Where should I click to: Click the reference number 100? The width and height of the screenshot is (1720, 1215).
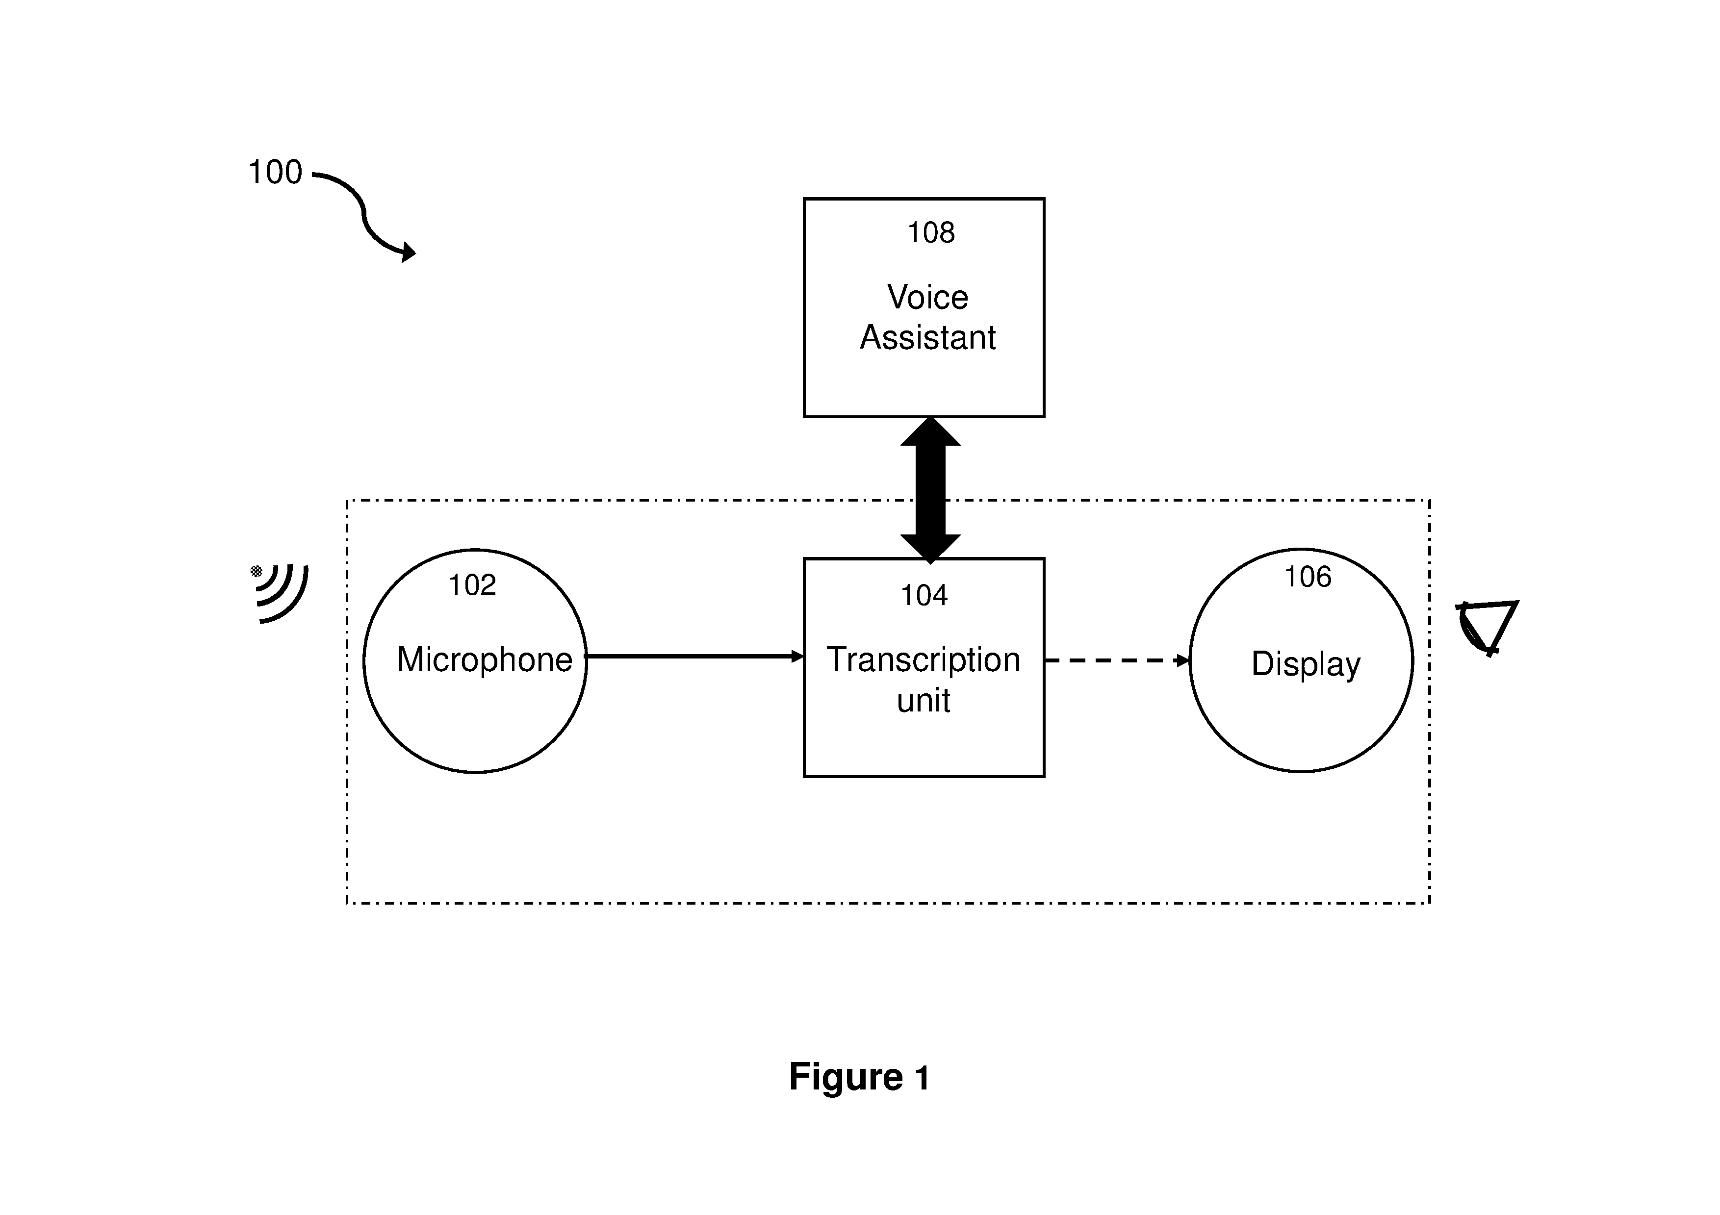tap(275, 172)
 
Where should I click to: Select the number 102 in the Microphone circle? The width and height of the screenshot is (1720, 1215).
tap(472, 585)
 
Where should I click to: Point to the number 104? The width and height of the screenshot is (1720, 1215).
tap(924, 596)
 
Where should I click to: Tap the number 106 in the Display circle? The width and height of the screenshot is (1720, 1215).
tap(1308, 577)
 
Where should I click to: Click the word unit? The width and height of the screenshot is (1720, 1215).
tap(923, 700)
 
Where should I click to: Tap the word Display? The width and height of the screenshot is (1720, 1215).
tap(1306, 664)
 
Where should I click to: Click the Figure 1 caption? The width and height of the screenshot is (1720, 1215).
tap(859, 1077)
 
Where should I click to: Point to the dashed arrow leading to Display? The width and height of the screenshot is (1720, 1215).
tap(1118, 660)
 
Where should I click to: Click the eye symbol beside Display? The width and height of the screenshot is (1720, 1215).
tap(1487, 628)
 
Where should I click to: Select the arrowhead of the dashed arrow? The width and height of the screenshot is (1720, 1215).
tap(1183, 660)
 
